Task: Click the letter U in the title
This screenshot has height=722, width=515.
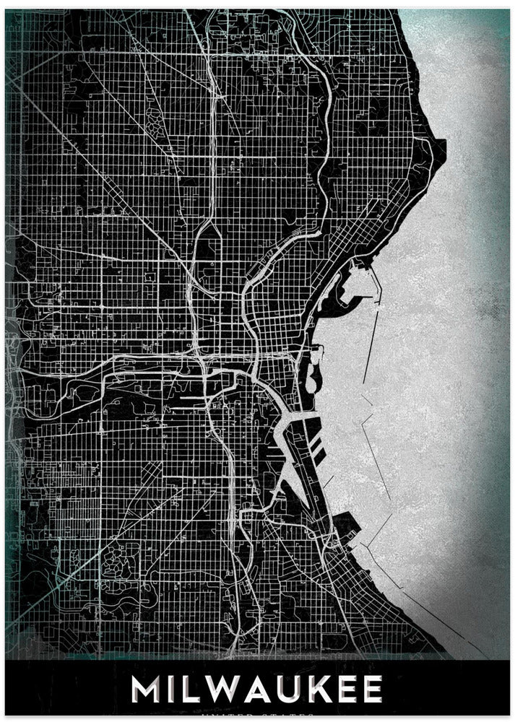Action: point(300,690)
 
